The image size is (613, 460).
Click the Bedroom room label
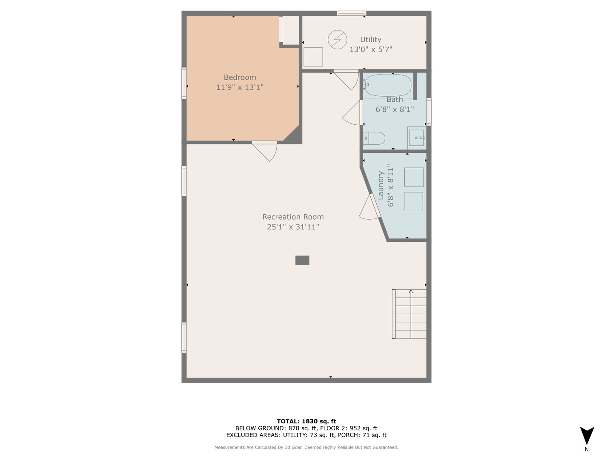[240, 77]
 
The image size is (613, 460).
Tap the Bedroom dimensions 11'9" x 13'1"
[240, 87]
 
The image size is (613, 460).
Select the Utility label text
[370, 39]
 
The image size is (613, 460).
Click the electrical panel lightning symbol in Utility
[337, 39]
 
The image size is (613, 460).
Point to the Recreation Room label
[293, 217]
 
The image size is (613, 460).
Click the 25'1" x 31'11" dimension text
[293, 227]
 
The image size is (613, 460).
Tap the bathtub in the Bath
[388, 85]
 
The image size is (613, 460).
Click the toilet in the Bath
[375, 138]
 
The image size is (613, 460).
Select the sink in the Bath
[416, 138]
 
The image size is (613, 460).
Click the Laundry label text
[381, 185]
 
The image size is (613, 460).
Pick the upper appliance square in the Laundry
[414, 177]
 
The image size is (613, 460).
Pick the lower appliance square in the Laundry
[413, 201]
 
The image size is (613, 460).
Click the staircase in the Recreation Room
[410, 314]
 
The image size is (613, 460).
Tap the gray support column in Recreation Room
[302, 260]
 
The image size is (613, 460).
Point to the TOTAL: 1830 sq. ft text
[306, 421]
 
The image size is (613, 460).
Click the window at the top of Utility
[351, 13]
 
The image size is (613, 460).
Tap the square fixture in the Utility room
[313, 57]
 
